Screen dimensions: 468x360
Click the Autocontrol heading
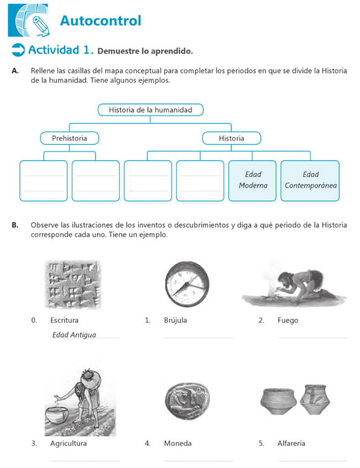(101, 21)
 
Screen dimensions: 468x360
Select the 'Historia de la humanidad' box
(150, 110)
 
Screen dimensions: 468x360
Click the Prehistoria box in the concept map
(69, 138)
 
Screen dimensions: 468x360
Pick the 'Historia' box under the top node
(231, 138)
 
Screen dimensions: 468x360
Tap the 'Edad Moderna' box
(253, 180)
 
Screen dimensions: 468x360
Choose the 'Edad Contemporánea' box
(310, 180)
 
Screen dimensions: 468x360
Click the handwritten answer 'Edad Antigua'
(74, 335)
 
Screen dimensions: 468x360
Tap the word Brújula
(175, 320)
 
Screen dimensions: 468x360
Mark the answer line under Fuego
(312, 338)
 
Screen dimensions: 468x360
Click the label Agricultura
(69, 443)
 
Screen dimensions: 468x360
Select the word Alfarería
(291, 443)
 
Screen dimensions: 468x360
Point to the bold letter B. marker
(15, 225)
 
